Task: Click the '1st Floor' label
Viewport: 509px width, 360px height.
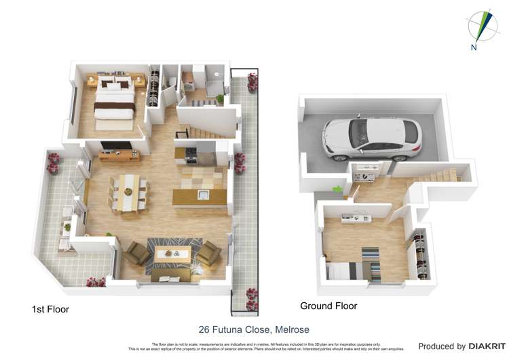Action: pos(50,309)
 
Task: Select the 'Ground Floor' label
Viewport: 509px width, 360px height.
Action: pos(328,306)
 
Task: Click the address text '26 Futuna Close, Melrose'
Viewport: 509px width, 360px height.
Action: pos(254,329)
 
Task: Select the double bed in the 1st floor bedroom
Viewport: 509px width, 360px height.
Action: pos(113,103)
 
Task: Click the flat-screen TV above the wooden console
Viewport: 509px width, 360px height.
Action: pos(115,146)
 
